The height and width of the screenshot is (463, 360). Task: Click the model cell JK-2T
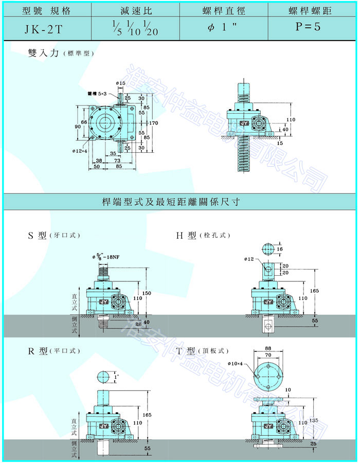click(47, 27)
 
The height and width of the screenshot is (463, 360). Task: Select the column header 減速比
click(135, 10)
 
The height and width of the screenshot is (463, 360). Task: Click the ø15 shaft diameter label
click(121, 83)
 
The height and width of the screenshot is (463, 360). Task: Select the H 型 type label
click(186, 236)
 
